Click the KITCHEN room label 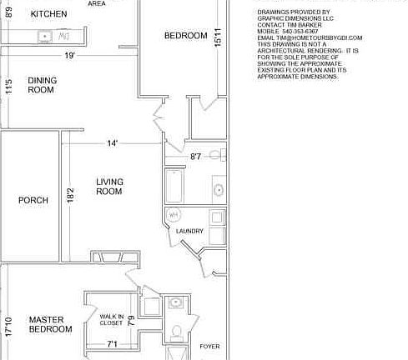click(48, 14)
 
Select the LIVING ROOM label click(109, 187)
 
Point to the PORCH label click(33, 200)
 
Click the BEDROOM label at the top click(185, 36)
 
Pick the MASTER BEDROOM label click(51, 324)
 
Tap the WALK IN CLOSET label click(112, 320)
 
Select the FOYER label click(209, 345)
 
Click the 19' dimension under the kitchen click(69, 56)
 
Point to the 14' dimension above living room click(112, 143)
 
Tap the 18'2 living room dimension click(71, 195)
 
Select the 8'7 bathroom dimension click(196, 156)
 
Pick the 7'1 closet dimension click(112, 343)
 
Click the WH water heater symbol click(174, 215)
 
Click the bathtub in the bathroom click(175, 187)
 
